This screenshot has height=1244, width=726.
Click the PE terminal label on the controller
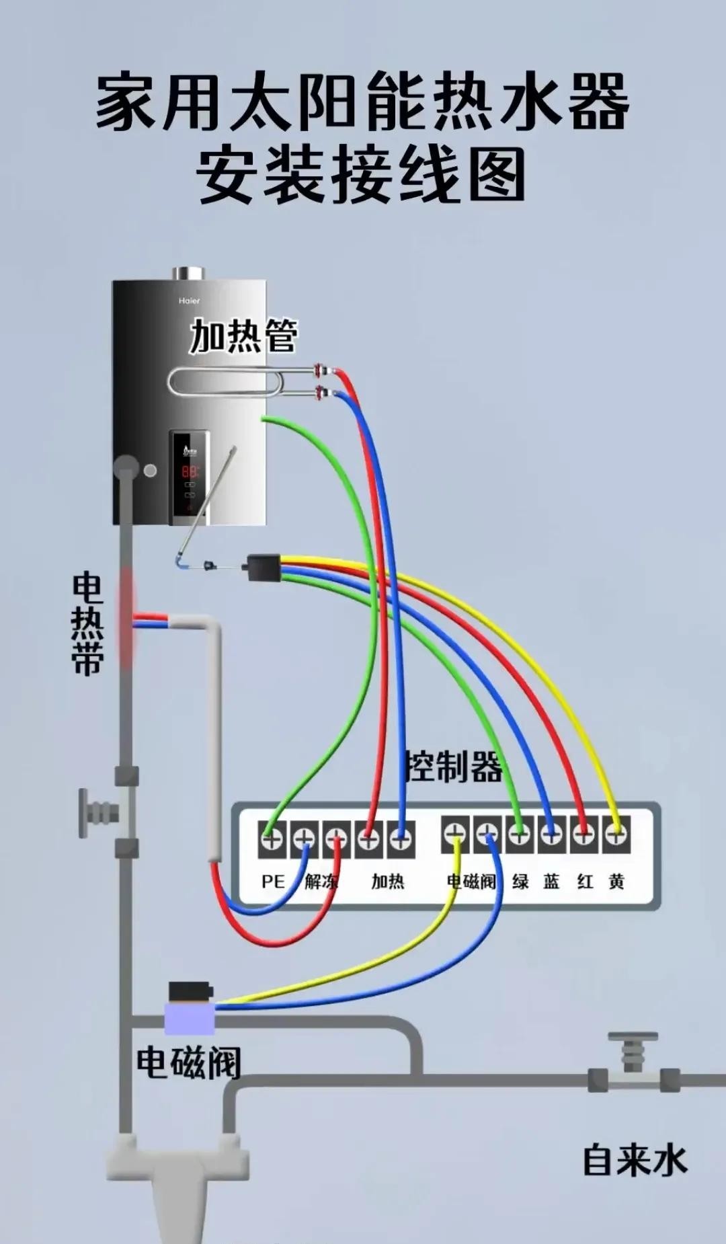tap(273, 881)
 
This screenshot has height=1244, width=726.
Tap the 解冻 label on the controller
tap(321, 881)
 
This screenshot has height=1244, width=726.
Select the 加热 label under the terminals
tap(388, 881)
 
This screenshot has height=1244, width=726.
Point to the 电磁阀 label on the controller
tap(471, 881)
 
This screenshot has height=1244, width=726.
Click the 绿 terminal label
tap(520, 881)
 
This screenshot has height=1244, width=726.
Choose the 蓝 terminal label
tap(551, 881)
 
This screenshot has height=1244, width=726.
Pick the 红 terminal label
tap(584, 881)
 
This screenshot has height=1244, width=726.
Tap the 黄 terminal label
tap(616, 881)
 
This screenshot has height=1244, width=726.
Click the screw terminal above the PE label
tap(272, 839)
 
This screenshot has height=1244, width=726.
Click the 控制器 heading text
tap(454, 767)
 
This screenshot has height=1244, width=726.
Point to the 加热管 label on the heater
tap(243, 336)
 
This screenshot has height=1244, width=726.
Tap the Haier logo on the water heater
tap(189, 301)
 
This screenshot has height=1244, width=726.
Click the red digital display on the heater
tap(190, 471)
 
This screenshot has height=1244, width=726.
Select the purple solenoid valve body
tap(190, 1018)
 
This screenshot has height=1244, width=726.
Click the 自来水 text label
tap(635, 1161)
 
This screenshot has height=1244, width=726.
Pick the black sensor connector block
tap(264, 567)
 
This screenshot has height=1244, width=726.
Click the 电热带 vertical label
tap(88, 623)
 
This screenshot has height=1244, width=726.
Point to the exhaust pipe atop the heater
tap(188, 273)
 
